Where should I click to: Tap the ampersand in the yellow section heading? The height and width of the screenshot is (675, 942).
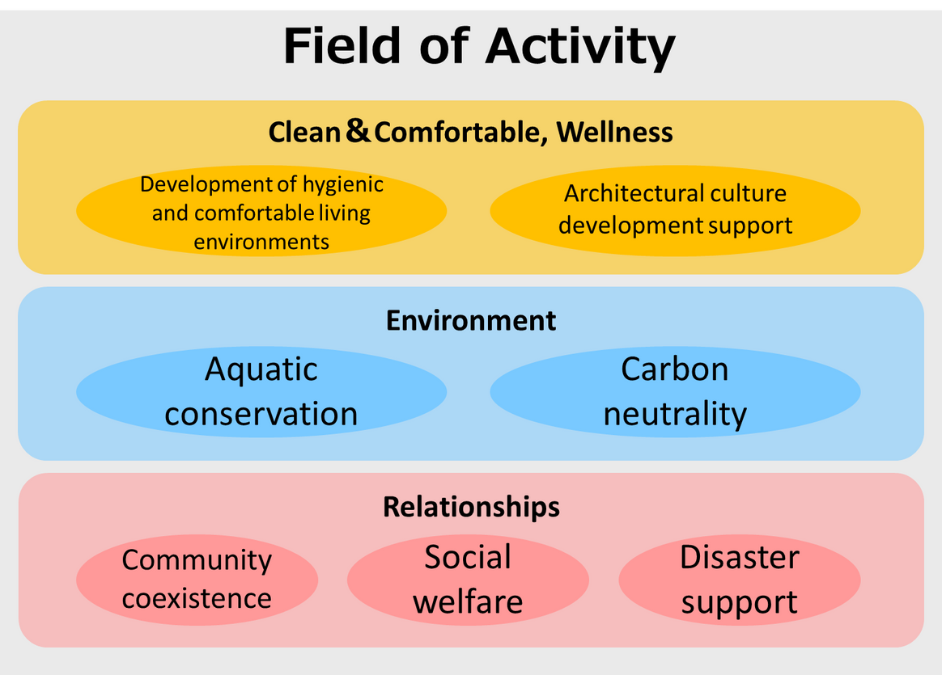(357, 130)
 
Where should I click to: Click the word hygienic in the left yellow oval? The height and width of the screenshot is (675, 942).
(342, 185)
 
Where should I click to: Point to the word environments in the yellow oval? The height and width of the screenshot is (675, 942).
(261, 241)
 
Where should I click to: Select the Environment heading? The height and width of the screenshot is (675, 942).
(471, 320)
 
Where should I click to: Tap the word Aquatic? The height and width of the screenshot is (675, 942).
(261, 370)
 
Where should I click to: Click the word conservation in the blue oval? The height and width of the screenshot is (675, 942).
(261, 414)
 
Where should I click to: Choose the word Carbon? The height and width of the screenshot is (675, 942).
(674, 369)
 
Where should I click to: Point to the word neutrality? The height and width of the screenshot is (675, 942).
(674, 415)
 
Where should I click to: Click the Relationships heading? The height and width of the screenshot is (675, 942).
(471, 507)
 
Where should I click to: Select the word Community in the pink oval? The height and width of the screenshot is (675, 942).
(197, 560)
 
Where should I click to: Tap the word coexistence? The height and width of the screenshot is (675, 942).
(197, 598)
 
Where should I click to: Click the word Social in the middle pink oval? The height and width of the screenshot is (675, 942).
(468, 558)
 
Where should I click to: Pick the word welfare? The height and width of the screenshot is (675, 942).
(468, 601)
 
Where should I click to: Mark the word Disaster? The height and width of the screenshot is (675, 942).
(739, 558)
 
